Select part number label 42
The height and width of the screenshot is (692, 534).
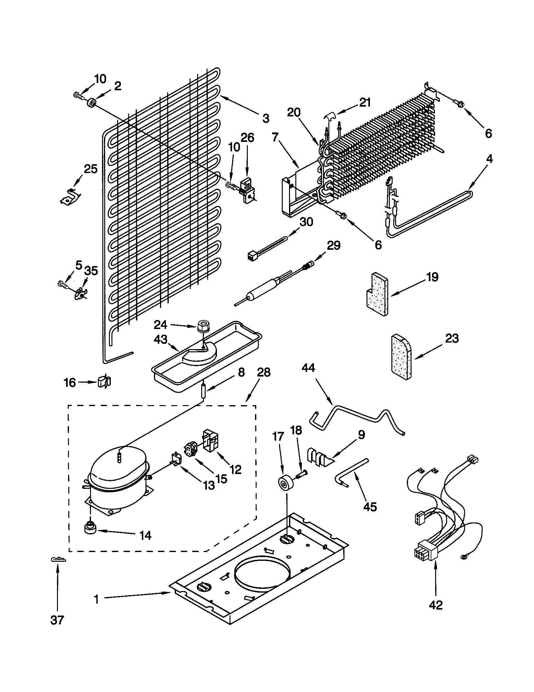pyautogui.click(x=435, y=605)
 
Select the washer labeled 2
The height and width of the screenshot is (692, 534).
pyautogui.click(x=92, y=103)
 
